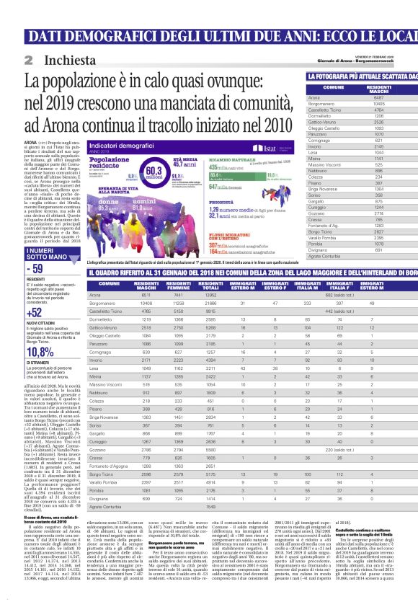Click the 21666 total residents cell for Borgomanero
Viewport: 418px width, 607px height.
tap(213, 303)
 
